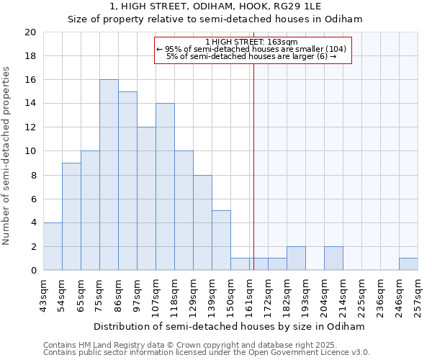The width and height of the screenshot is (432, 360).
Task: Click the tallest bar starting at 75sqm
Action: coord(109,175)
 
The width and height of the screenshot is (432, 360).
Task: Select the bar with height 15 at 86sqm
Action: coord(127,181)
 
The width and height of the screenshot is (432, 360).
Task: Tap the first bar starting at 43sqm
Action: coord(53,246)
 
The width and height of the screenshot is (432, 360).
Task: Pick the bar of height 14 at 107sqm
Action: coord(165,186)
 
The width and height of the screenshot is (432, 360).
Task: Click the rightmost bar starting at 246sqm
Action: coord(408,264)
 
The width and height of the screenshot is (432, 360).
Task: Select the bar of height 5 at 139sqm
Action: coord(221,240)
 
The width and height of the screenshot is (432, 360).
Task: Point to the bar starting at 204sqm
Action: coord(333,258)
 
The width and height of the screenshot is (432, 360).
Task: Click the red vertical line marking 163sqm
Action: coord(253,166)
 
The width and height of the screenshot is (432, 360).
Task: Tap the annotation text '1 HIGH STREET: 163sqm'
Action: coord(251,42)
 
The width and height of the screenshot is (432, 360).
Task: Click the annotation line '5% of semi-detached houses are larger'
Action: coord(251,55)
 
